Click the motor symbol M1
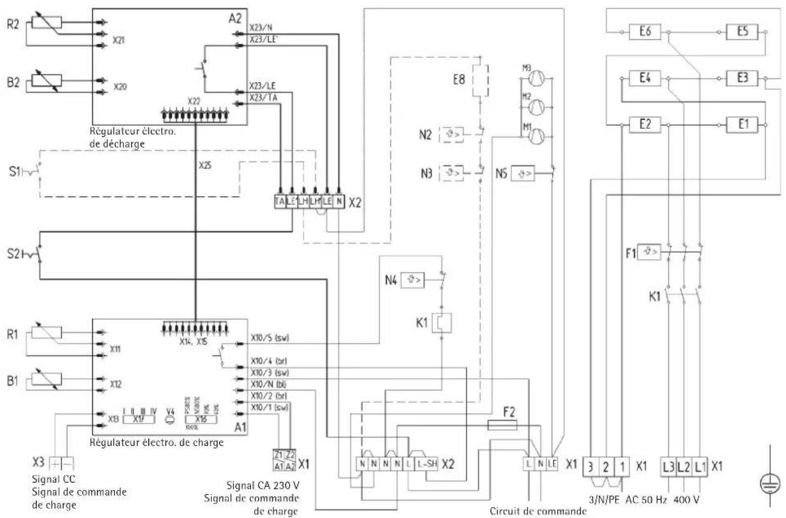coord(534,136)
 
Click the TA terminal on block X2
coord(280,200)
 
